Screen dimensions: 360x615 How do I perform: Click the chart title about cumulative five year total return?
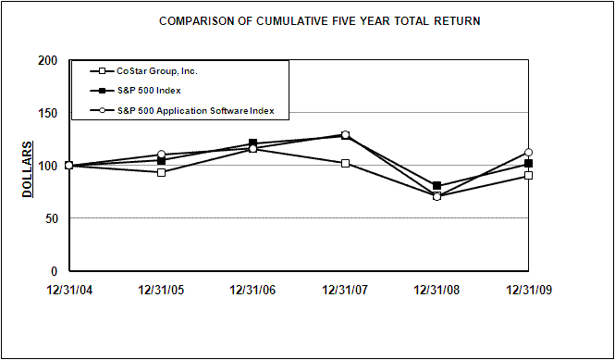[x=319, y=20]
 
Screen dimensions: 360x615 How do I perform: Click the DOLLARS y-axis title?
[x=29, y=168]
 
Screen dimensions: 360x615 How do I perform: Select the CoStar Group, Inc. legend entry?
[x=157, y=71]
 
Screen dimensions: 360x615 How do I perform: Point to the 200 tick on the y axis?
[x=49, y=60]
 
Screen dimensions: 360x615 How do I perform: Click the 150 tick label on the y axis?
[x=49, y=113]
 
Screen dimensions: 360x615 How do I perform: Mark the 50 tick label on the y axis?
[x=52, y=218]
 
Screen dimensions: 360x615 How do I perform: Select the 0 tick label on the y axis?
[x=55, y=271]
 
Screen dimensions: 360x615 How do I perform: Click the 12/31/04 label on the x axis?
[x=68, y=290]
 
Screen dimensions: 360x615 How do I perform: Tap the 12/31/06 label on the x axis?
[x=252, y=290]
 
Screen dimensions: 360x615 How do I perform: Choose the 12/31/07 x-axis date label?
[x=345, y=290]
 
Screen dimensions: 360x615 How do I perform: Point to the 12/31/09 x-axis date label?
[x=529, y=290]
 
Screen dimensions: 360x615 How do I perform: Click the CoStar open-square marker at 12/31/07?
[x=345, y=163]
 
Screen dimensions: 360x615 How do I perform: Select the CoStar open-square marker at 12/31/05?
[x=161, y=172]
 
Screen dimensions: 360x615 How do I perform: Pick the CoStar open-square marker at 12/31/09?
[x=529, y=175]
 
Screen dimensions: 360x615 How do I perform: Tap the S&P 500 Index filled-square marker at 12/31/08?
[x=437, y=186]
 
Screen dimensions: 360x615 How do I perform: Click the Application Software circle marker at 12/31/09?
[x=529, y=153]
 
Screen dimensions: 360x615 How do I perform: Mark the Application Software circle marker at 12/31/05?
[x=161, y=155]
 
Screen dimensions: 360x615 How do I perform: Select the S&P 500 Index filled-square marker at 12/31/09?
[x=529, y=164]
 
